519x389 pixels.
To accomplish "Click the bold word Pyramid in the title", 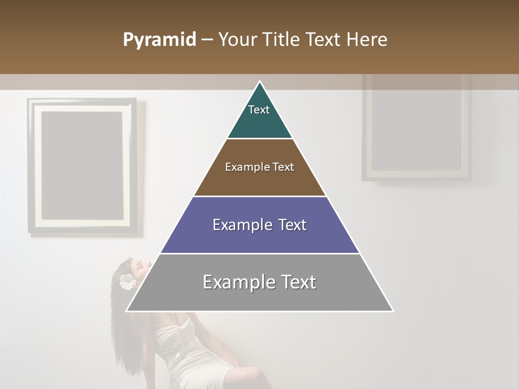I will point(159,40).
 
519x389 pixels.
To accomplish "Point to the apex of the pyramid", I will point(259,82).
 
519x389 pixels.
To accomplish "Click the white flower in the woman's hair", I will point(128,281).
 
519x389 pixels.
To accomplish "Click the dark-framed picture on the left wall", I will point(82,166).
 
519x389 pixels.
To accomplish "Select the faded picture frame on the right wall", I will point(416,129).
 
